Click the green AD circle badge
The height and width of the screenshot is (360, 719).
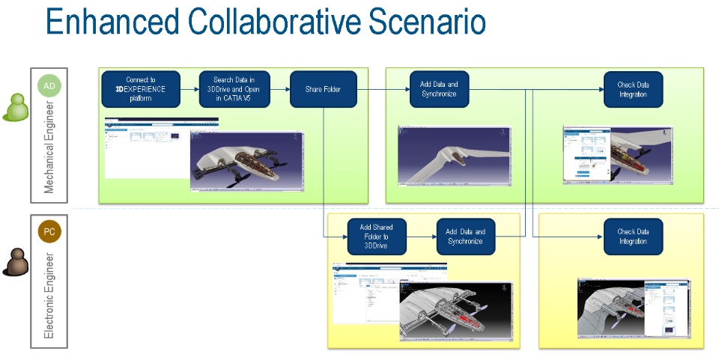pyautogui.click(x=49, y=86)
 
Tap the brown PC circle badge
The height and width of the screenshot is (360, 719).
pyautogui.click(x=49, y=232)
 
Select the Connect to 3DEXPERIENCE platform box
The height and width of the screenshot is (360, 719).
pyautogui.click(x=141, y=89)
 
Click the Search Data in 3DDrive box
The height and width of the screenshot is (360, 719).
pyautogui.click(x=234, y=89)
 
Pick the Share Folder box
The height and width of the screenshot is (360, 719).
pyautogui.click(x=323, y=89)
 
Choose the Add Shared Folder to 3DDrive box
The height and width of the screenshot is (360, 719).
pyautogui.click(x=376, y=237)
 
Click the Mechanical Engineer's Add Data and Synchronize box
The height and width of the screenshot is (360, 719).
pyautogui.click(x=439, y=89)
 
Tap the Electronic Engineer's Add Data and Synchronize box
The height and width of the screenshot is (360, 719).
pyautogui.click(x=466, y=237)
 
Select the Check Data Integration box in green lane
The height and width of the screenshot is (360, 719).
pyautogui.click(x=633, y=89)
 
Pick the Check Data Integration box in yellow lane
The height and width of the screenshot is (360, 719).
pyautogui.click(x=633, y=237)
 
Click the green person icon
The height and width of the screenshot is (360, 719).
pyautogui.click(x=15, y=108)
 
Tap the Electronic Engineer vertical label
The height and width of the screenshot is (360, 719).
pyautogui.click(x=49, y=295)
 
